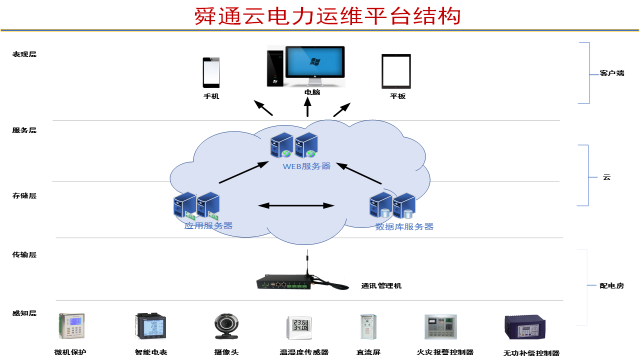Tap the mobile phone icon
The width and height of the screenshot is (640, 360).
pyautogui.click(x=211, y=72)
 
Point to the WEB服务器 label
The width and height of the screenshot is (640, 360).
pyautogui.click(x=305, y=166)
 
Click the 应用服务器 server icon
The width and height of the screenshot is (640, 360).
pyautogui.click(x=196, y=205)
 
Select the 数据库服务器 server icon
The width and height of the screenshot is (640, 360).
pyautogui.click(x=392, y=205)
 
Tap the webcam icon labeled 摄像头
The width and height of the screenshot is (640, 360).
pyautogui.click(x=225, y=327)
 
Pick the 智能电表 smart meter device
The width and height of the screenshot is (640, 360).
pyautogui.click(x=150, y=327)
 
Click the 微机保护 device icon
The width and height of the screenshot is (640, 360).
pyautogui.click(x=72, y=327)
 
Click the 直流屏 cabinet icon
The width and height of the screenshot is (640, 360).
pyautogui.click(x=367, y=327)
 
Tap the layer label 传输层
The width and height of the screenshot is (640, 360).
pyautogui.click(x=24, y=255)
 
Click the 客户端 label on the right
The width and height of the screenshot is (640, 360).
pyautogui.click(x=611, y=73)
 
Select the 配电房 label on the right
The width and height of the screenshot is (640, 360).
pyautogui.click(x=611, y=285)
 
